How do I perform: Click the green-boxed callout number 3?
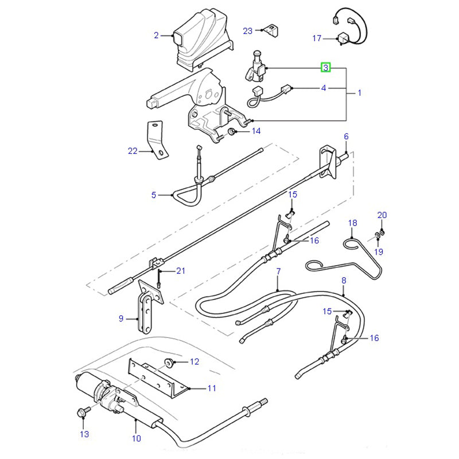[325, 68]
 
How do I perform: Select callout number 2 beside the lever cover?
[156, 36]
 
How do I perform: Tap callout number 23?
[248, 31]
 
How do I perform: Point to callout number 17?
[317, 38]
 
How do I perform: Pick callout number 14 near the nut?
[256, 131]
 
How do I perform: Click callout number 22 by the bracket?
[133, 151]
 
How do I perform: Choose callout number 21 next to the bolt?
[181, 271]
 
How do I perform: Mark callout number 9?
[121, 318]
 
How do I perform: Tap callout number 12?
[195, 362]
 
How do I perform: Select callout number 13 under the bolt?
[84, 434]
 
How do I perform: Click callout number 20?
[382, 215]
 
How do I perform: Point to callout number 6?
[347, 137]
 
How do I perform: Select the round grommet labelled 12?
[169, 363]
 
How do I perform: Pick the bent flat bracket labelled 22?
[157, 140]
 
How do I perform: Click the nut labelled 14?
[232, 131]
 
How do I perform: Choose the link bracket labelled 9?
[148, 308]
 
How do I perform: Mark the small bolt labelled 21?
[159, 279]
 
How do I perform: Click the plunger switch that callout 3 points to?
[255, 67]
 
